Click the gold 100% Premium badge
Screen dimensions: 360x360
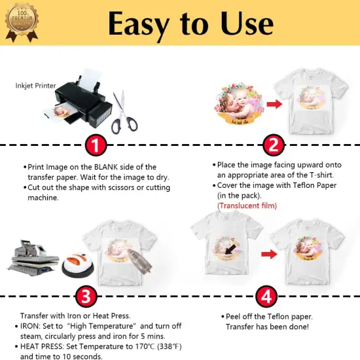tap(18, 18)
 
